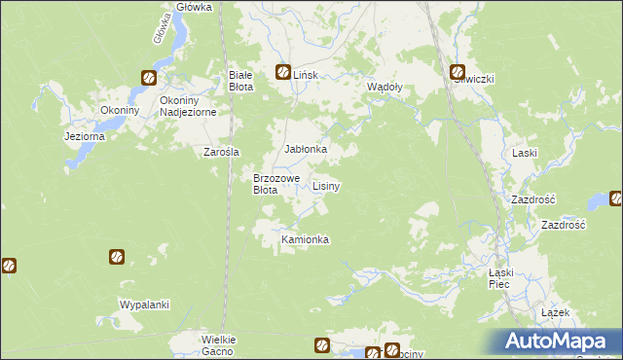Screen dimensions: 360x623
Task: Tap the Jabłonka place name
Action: coord(305,149)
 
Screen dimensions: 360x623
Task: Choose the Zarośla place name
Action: coord(221,152)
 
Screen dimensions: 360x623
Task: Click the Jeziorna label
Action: coord(85,136)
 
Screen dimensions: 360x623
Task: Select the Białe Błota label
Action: coord(240,81)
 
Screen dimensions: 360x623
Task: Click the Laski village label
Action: coord(525,153)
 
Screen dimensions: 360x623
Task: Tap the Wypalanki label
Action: coord(144,305)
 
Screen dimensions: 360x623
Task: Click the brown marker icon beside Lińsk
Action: coord(283,71)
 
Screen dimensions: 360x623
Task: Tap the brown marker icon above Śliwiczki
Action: coord(458,71)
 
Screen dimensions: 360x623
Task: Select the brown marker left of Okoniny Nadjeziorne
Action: coord(148,78)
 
